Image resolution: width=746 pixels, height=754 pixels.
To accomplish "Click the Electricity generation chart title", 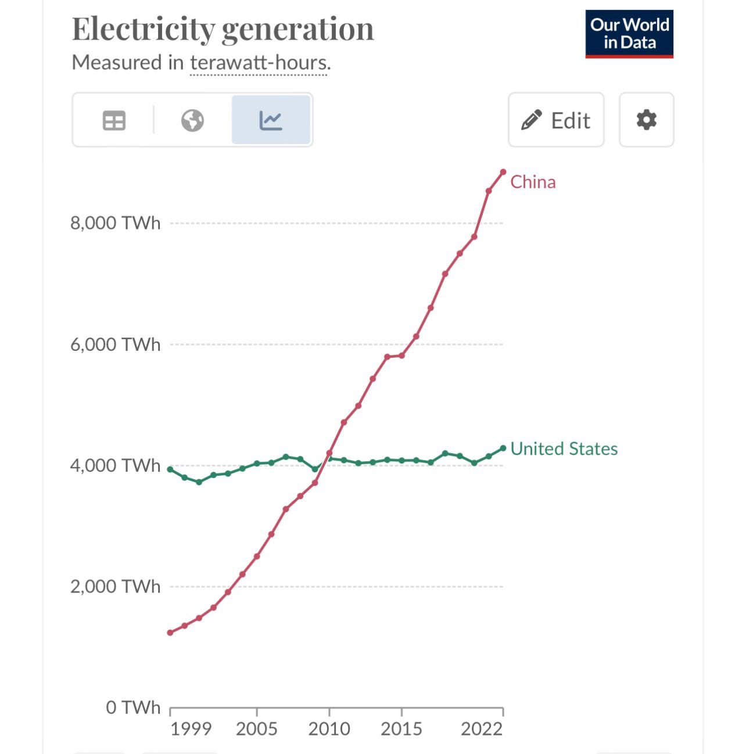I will [x=223, y=29].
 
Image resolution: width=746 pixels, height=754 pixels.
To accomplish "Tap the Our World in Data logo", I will [x=629, y=34].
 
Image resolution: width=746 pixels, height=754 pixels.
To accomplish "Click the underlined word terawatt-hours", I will [x=260, y=63].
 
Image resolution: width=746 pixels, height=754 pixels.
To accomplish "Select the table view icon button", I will [x=114, y=120].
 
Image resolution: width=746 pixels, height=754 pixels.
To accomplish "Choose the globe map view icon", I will [x=192, y=120].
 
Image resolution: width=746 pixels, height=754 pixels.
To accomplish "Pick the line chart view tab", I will [x=271, y=120].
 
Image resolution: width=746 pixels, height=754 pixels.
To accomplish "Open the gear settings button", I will [x=646, y=120].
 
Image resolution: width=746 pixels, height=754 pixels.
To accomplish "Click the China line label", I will [x=533, y=182].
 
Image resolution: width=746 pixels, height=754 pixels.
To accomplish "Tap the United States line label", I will [x=564, y=449].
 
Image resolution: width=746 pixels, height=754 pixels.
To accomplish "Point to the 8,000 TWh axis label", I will [x=115, y=223].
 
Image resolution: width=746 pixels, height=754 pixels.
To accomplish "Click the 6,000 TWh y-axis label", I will [x=115, y=344].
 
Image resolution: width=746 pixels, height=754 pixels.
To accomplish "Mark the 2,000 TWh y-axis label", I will [x=115, y=587].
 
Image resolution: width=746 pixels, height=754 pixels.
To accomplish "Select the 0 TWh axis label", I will [x=132, y=708].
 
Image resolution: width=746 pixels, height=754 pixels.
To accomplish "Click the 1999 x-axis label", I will [x=191, y=729].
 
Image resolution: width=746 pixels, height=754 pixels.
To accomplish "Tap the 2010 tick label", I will [x=329, y=729].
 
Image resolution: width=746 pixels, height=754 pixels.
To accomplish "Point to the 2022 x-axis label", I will [x=482, y=729].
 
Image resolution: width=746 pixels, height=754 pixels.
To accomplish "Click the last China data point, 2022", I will [x=503, y=172].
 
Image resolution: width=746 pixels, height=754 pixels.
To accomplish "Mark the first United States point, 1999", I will [x=170, y=469].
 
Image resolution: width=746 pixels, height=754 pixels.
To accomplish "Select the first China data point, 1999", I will [x=170, y=633].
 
